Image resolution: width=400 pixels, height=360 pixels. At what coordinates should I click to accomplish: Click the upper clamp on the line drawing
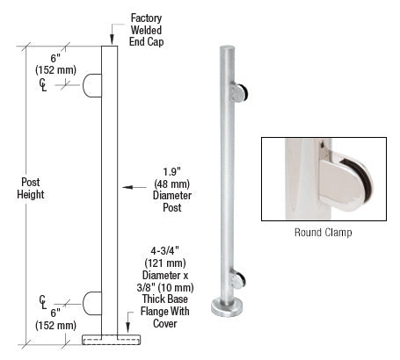pyautogui.click(x=92, y=85)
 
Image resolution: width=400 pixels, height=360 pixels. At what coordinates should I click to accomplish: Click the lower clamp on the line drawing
pyautogui.click(x=92, y=303)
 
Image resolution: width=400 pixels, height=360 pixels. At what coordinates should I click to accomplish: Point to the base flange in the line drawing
pyautogui.click(x=110, y=338)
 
